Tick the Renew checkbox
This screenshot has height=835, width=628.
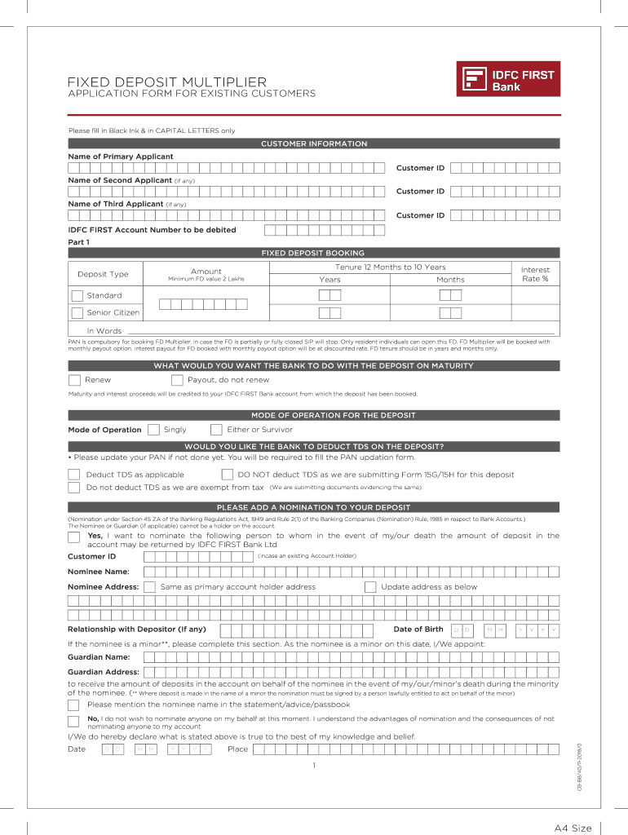(75, 380)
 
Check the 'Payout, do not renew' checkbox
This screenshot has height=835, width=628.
(177, 380)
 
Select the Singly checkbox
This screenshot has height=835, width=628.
(153, 430)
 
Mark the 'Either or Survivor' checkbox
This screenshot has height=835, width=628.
(216, 430)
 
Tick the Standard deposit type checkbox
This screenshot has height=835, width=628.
(77, 296)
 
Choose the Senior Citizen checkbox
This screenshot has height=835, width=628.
(77, 312)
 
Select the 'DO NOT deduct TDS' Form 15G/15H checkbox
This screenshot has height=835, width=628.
(228, 475)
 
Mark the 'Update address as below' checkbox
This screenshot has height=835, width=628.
(370, 587)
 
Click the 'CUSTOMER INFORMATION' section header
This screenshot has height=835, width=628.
(314, 144)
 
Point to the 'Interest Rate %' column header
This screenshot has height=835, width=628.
(535, 275)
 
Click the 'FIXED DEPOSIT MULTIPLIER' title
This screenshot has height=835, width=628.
(166, 82)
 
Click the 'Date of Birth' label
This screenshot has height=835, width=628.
(418, 630)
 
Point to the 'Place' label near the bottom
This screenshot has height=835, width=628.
(238, 749)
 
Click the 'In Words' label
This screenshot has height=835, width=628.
(104, 331)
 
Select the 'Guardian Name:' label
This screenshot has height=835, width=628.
(99, 657)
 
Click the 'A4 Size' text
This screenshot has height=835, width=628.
(573, 828)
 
